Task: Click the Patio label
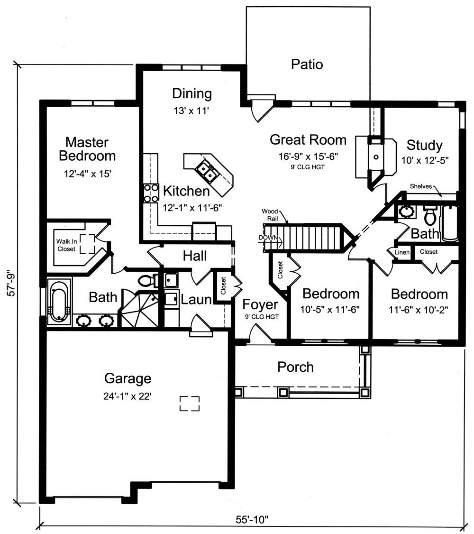(307, 64)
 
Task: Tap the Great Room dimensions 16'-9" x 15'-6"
(308, 156)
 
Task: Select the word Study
(424, 145)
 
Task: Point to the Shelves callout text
(421, 186)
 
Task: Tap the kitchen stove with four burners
(151, 193)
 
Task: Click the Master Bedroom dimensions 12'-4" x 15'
(87, 174)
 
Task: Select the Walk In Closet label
(66, 245)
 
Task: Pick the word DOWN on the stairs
(268, 237)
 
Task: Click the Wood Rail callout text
(271, 214)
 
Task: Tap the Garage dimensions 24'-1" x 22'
(128, 396)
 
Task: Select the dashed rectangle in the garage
(190, 404)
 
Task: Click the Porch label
(295, 367)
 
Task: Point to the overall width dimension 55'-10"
(251, 519)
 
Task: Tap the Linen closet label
(401, 252)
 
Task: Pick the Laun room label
(196, 300)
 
